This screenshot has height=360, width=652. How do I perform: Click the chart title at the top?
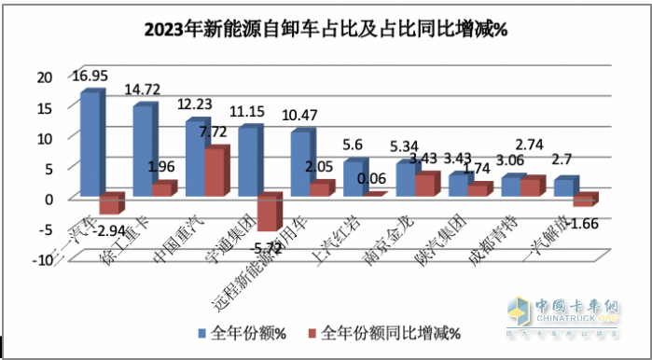coord(326,29)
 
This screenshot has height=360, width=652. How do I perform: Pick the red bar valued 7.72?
coord(214,173)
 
